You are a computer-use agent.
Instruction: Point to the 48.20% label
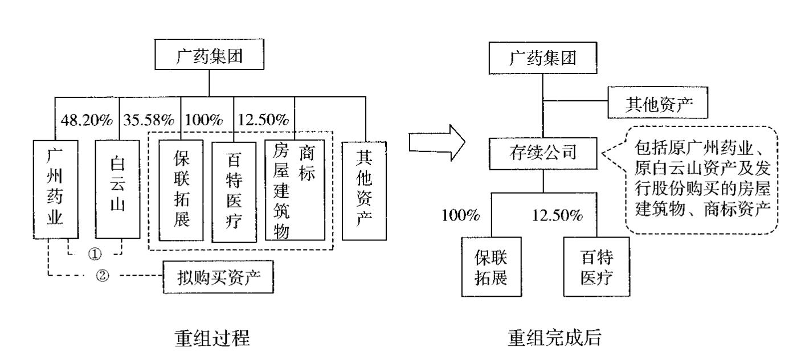85,121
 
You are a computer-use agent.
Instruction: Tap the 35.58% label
149,121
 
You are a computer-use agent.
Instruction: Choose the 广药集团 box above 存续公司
542,58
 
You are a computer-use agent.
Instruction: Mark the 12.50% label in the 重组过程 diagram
263,121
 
